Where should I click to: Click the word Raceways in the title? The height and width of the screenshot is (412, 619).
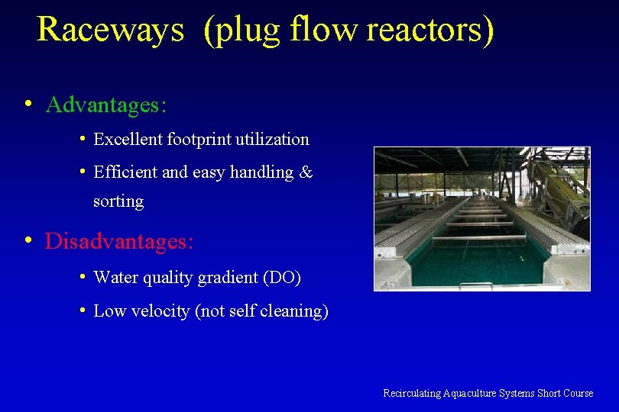tap(110, 29)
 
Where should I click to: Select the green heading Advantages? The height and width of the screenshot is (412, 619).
tap(105, 105)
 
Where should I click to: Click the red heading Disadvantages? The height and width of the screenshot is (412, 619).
tap(118, 242)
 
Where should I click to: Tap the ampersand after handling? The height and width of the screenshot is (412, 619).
tap(306, 173)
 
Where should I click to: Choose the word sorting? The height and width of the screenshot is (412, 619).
tap(118, 201)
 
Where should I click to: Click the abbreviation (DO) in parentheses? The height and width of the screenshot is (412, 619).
tap(282, 278)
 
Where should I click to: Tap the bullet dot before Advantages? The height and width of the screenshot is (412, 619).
tap(28, 103)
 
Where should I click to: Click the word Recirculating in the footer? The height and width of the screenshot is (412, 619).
tap(412, 394)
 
